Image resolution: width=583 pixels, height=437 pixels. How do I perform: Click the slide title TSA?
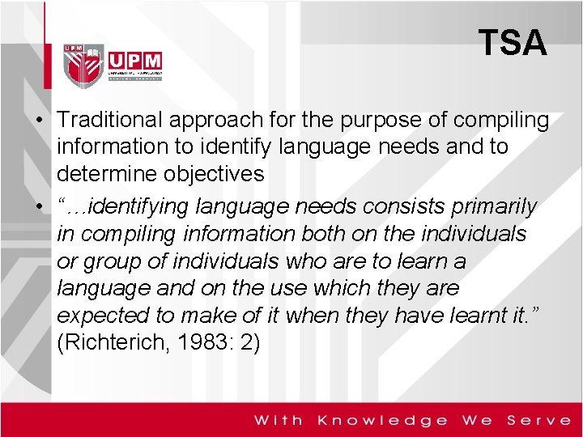click(512, 42)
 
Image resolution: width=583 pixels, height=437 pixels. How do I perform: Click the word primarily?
click(489, 207)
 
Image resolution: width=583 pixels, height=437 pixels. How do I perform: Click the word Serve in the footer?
click(538, 420)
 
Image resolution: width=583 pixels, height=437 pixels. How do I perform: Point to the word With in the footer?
click(279, 420)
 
